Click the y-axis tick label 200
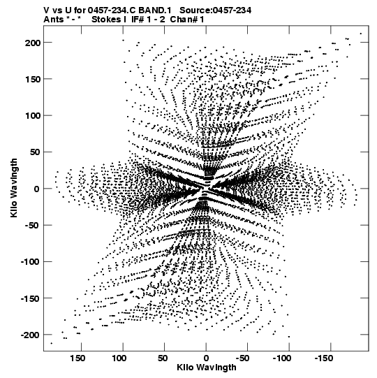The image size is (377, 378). click(33, 43)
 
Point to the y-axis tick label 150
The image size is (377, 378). click(33, 80)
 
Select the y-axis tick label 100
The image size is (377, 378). click(33, 116)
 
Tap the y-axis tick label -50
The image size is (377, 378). click(31, 226)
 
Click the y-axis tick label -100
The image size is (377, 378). click(30, 262)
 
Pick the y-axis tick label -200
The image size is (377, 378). click(30, 335)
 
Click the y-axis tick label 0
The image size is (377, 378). click(36, 189)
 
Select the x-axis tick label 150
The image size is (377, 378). click(77, 358)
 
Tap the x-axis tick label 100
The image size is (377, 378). click(119, 358)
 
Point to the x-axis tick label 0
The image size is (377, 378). click(206, 358)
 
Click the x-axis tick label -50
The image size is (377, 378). click(242, 358)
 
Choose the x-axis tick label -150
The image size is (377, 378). click(324, 358)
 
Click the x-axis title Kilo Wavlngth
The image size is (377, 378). click(207, 368)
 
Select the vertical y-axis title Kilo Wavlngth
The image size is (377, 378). click(14, 188)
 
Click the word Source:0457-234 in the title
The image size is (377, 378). click(216, 10)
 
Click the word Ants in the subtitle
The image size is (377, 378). click(53, 20)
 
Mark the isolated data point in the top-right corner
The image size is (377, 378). click(361, 34)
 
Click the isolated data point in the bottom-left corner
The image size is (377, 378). click(51, 343)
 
